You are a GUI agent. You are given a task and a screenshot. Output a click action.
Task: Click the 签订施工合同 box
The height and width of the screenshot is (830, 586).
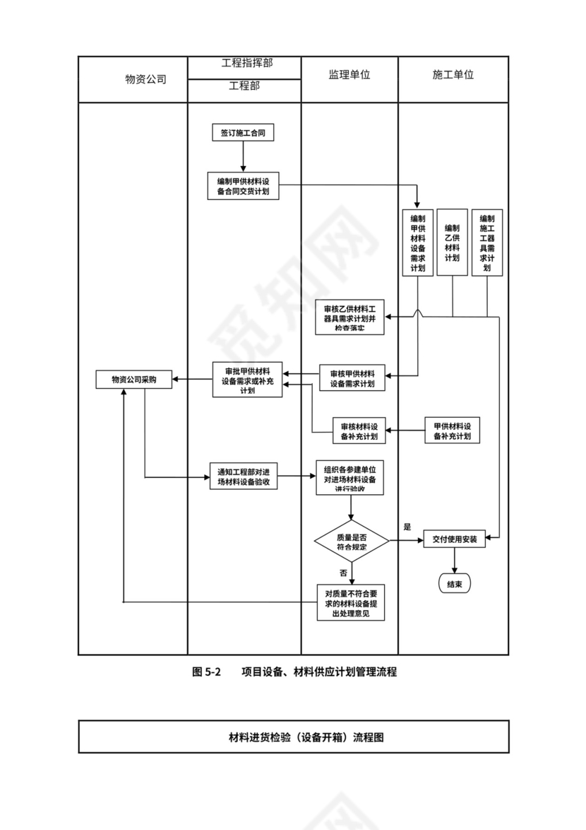click(x=242, y=133)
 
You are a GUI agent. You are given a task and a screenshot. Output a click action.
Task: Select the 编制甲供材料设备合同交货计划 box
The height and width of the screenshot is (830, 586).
click(x=243, y=186)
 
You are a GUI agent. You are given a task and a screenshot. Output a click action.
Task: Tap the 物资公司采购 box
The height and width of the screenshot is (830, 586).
click(x=133, y=380)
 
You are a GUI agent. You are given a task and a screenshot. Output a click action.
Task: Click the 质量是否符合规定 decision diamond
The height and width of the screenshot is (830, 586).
click(x=351, y=542)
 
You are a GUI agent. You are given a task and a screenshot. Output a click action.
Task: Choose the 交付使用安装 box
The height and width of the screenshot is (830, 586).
click(x=455, y=539)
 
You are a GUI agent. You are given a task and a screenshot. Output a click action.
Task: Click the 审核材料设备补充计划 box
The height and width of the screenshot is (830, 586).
click(x=359, y=431)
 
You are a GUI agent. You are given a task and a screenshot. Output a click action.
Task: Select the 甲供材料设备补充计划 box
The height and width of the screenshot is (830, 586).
click(x=453, y=431)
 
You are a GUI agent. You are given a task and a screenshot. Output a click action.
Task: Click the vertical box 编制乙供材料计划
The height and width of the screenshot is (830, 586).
click(x=452, y=242)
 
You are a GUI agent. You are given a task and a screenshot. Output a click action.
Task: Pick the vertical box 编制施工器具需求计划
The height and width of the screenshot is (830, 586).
click(x=486, y=242)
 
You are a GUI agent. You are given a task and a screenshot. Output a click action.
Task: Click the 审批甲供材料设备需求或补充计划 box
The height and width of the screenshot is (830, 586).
click(x=247, y=379)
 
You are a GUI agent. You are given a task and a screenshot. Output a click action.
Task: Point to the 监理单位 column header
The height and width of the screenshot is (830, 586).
click(x=349, y=75)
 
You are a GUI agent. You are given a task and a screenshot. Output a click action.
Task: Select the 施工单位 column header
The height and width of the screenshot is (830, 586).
click(x=453, y=75)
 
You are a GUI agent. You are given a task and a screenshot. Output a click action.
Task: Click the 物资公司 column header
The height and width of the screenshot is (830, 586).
click(x=146, y=79)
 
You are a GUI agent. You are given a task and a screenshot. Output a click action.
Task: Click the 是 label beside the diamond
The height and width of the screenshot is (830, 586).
click(x=407, y=527)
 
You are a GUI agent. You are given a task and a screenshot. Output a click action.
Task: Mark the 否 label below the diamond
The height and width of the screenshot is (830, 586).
click(x=343, y=572)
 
